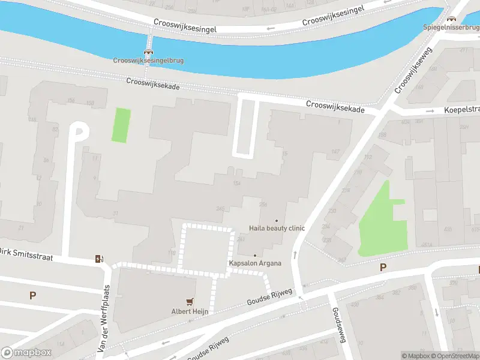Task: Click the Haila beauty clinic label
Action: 277,229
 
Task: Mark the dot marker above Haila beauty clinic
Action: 277,221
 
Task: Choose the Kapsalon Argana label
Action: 255,263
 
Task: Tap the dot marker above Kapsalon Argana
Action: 255,256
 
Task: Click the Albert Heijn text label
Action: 190,311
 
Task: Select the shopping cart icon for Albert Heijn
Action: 190,302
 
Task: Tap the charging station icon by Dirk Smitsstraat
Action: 99,259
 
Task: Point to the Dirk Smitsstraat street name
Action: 28,255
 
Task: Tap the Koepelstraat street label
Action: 462,110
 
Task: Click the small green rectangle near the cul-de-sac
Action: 121,125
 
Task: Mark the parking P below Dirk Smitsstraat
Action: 32,295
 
